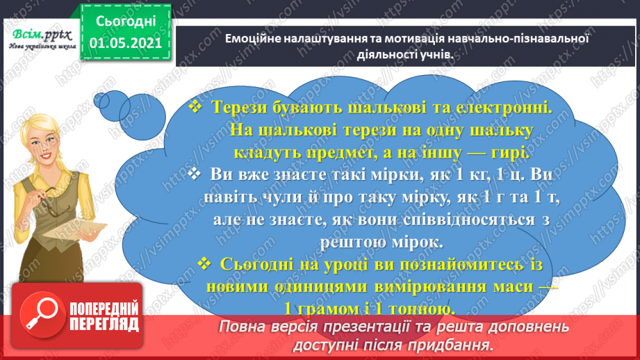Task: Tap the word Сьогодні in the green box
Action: (126, 22)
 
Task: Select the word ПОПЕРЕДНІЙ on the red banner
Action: (105, 308)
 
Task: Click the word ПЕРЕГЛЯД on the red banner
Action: (105, 324)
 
